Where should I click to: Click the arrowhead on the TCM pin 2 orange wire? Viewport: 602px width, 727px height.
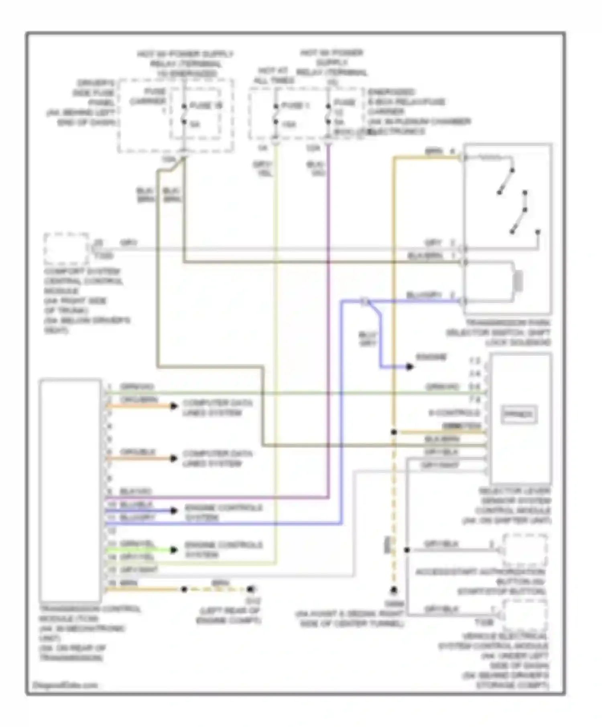point(174,406)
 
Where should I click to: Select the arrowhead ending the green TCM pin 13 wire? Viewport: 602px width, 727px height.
point(174,550)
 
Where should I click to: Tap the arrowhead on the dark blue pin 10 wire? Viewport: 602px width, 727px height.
point(174,511)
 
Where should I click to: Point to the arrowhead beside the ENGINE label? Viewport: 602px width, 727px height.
point(409,367)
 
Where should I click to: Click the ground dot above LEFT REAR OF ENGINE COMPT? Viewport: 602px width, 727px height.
point(250,589)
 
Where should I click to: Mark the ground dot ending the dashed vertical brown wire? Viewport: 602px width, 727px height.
point(394,590)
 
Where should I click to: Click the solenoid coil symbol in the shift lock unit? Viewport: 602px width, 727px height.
point(519,281)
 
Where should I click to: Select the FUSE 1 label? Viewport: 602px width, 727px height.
point(295,106)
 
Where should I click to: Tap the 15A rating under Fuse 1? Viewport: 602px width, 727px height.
point(289,125)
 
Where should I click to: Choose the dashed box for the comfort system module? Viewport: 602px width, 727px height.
point(66,248)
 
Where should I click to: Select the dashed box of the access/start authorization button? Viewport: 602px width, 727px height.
point(525,550)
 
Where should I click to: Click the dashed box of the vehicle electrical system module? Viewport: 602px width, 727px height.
point(525,615)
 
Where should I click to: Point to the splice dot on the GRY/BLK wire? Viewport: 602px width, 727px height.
point(407,550)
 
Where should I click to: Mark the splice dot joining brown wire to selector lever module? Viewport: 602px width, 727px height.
point(394,432)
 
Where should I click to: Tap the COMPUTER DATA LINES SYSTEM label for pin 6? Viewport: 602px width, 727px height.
point(218,458)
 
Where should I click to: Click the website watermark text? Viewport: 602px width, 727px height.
point(65,685)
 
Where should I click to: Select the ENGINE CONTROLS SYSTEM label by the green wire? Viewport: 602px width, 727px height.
point(224,549)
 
